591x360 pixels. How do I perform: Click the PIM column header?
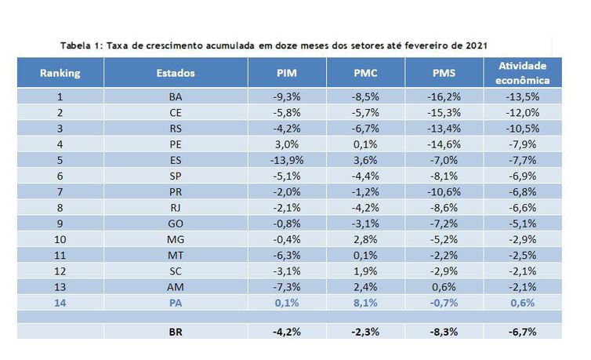click(x=287, y=73)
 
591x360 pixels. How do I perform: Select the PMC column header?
click(x=366, y=73)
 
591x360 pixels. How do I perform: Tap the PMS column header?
click(x=444, y=73)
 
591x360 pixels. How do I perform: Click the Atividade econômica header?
click(x=522, y=73)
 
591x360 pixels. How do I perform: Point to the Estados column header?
click(x=176, y=73)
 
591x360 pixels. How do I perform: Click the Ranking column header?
click(x=60, y=73)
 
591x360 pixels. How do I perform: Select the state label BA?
click(x=176, y=97)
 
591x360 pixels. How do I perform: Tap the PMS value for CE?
click(x=444, y=115)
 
